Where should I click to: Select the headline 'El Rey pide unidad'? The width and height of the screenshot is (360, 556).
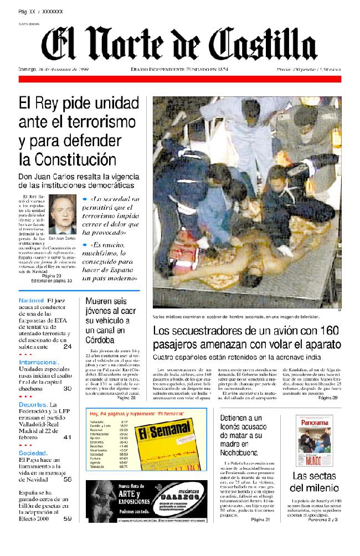(x=79, y=103)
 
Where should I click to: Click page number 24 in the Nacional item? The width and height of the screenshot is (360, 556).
(x=67, y=347)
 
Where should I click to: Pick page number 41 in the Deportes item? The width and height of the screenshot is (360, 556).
(x=67, y=437)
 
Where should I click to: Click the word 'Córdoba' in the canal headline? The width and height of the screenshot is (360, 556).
(x=100, y=340)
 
